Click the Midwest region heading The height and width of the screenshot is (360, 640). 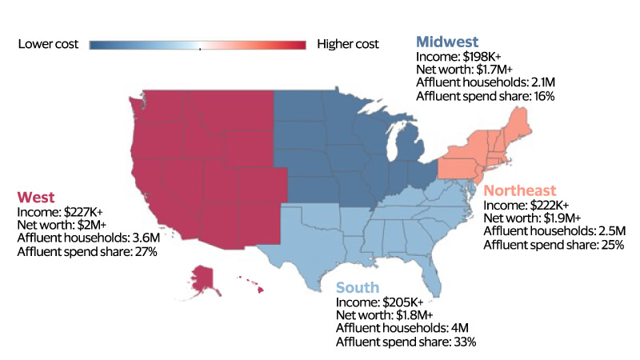[447, 42]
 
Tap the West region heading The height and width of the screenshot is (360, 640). [37, 196]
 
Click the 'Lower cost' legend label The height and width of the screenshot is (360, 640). [49, 44]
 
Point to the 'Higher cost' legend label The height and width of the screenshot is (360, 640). [348, 44]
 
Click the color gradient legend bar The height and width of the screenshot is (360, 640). [198, 45]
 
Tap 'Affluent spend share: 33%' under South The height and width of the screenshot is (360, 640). [406, 342]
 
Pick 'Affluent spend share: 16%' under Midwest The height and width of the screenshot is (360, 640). [486, 96]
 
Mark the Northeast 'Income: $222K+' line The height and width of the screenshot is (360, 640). [526, 206]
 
